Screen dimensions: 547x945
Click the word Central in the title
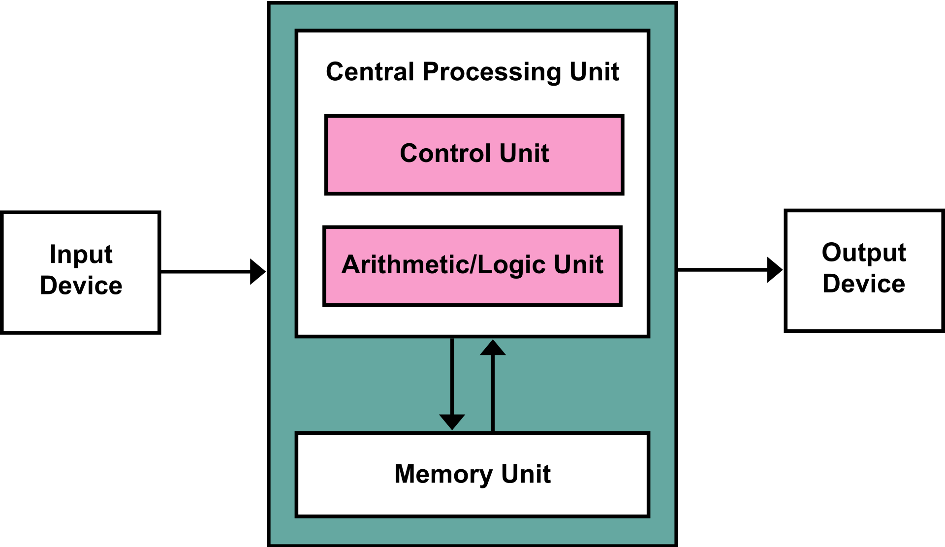370,72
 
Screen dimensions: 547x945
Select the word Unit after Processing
594,72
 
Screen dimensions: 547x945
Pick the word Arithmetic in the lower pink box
405,264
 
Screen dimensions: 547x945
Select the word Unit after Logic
578,264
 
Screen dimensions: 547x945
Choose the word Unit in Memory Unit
526,474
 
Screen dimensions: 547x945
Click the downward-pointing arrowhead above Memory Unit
452,421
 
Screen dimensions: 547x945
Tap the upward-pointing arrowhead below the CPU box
493,348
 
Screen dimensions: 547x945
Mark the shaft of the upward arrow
493,394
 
